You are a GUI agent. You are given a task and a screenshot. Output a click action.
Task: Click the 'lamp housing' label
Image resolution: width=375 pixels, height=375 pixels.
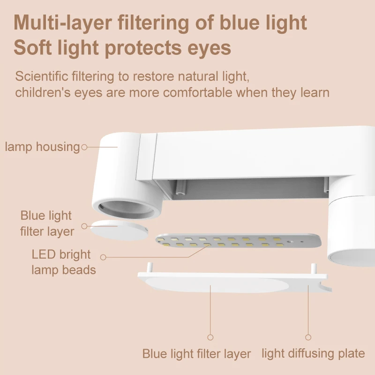pyautogui.click(x=42, y=147)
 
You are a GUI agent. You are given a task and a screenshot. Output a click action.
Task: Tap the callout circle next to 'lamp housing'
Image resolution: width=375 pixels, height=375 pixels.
pyautogui.click(x=84, y=147)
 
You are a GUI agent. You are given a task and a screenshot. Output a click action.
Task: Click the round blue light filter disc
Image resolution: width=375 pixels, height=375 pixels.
pyautogui.click(x=119, y=230)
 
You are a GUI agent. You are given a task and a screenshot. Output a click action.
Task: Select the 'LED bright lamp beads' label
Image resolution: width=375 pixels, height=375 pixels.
pyautogui.click(x=64, y=262)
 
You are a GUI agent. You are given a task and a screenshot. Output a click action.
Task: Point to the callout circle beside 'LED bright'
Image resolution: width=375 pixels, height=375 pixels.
pyautogui.click(x=103, y=257)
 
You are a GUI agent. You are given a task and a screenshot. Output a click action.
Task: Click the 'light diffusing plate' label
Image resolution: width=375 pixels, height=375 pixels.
pyautogui.click(x=313, y=353)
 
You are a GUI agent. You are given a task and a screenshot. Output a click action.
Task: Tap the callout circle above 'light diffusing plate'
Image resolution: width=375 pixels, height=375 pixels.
pyautogui.click(x=308, y=337)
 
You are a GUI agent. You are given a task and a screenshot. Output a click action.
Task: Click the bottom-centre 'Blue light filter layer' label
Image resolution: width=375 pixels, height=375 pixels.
pyautogui.click(x=196, y=354)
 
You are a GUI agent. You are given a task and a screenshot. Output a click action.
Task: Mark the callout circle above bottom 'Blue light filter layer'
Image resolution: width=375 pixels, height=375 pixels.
pyautogui.click(x=210, y=337)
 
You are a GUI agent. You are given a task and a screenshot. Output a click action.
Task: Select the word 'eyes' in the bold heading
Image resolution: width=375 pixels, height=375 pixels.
pyautogui.click(x=209, y=49)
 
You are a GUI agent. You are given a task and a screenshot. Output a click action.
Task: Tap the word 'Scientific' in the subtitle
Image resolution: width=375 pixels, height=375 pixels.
pyautogui.click(x=41, y=76)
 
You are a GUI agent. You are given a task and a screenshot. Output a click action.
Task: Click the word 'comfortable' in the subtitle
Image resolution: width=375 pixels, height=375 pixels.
pyautogui.click(x=197, y=92)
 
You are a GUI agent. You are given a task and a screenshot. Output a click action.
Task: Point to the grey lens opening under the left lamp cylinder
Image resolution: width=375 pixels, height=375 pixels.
pyautogui.click(x=127, y=210)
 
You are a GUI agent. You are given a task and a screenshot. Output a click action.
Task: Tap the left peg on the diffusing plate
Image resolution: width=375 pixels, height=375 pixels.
pyautogui.click(x=150, y=268)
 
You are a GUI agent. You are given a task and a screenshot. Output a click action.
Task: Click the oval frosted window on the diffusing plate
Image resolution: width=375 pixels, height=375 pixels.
pyautogui.click(x=217, y=285)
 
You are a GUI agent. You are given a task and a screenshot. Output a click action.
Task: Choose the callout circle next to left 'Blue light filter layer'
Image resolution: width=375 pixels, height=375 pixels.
pyautogui.click(x=84, y=226)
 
